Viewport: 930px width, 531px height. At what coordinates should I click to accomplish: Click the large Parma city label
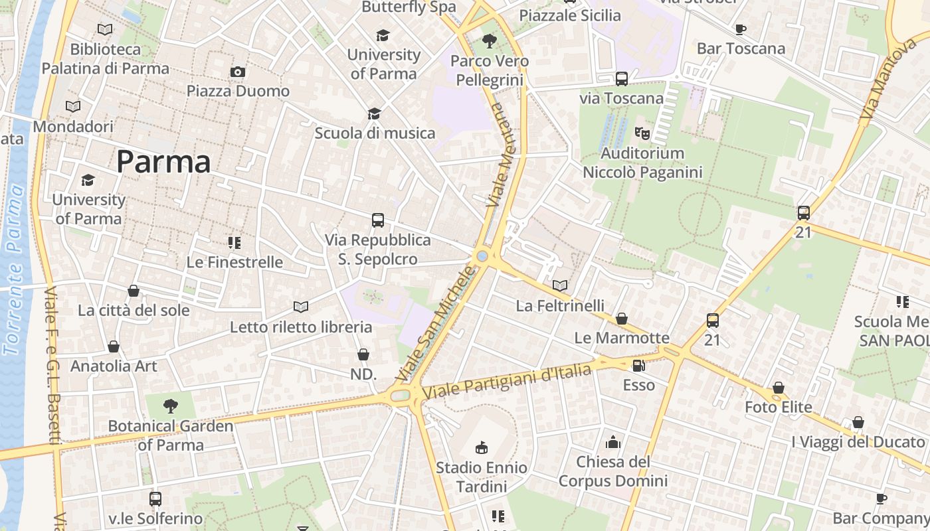coord(163,162)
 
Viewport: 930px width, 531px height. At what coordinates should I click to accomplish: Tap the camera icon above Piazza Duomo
coord(238,72)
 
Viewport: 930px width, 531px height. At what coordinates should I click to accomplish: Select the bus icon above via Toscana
coord(622,79)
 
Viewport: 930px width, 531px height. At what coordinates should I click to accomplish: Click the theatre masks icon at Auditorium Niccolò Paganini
coord(642,133)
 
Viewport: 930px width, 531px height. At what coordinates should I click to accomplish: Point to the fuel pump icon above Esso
coord(638,365)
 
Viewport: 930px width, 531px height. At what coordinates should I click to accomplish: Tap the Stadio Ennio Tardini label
coord(481,477)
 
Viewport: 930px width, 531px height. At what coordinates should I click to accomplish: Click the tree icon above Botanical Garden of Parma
coord(171,406)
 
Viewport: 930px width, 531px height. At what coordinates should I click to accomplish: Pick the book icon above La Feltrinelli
coord(560,285)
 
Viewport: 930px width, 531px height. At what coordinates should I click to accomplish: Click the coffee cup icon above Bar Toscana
coord(741,29)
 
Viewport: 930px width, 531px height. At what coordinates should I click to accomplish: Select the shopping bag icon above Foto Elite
coord(779,388)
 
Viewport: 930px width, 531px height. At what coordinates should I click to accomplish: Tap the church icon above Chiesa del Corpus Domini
coord(613,442)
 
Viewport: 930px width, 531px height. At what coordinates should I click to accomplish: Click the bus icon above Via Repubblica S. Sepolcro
coord(377,220)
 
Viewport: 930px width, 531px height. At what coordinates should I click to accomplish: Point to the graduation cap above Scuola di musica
coord(375,114)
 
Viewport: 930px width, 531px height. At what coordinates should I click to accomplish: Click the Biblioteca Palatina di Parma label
coord(106,58)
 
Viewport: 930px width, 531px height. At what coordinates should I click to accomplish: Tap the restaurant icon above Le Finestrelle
coord(234,242)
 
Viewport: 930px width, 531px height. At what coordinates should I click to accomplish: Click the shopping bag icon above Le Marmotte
coord(622,319)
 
